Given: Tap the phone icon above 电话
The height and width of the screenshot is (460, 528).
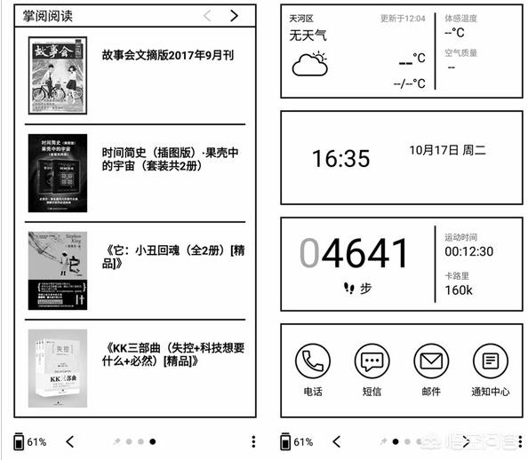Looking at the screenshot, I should click(x=312, y=361).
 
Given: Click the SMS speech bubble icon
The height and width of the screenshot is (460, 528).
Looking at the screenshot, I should click(x=372, y=361).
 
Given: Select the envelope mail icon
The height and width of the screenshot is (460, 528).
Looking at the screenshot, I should click(x=430, y=361).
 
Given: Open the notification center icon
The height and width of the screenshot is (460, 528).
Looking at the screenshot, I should click(x=490, y=361).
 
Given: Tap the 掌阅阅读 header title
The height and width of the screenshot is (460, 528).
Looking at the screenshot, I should click(x=48, y=15).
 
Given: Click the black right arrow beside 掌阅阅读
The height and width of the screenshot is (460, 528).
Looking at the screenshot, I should click(x=234, y=15).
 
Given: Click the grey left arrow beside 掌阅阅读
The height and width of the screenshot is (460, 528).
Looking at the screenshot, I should click(x=207, y=15).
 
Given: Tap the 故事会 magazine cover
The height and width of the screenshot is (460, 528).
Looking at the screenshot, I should click(x=57, y=78).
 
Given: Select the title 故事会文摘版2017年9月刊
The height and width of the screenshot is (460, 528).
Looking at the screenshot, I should click(x=168, y=55).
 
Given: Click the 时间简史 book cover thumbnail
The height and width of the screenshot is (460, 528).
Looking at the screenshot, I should click(x=57, y=173).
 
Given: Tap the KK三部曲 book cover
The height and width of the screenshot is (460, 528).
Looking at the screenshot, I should click(x=57, y=369).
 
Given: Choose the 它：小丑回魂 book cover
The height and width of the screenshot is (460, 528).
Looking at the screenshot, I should click(x=57, y=271).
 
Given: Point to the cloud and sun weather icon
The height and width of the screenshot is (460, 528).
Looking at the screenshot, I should click(x=308, y=64).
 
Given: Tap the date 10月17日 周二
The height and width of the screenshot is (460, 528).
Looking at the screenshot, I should click(x=447, y=150).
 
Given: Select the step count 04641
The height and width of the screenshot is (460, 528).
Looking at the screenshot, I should click(x=354, y=254).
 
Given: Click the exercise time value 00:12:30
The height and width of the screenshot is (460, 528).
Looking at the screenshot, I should click(x=468, y=252).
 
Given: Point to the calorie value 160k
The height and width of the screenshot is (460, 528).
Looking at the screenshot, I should click(x=459, y=289).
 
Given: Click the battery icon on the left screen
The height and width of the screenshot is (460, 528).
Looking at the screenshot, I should click(x=20, y=441).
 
